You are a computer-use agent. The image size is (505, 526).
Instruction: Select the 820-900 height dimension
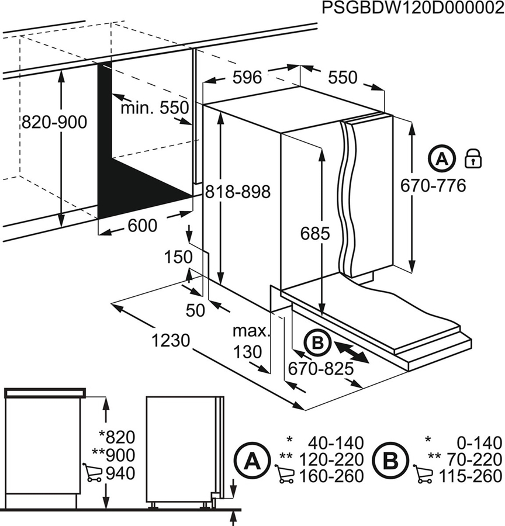pos(53,122)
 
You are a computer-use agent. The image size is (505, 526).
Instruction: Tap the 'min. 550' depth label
pos(155,108)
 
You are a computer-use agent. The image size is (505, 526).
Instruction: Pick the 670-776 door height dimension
pos(433,186)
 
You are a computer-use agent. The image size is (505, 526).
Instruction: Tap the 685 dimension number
pos(316,234)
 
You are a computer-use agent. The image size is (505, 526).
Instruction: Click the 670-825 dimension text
pos(321,369)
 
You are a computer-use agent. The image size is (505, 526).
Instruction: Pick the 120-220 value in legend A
pos(331,459)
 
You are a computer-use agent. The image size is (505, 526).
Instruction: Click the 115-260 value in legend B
pos(470,476)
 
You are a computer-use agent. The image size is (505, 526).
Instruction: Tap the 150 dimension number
pos(179,257)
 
